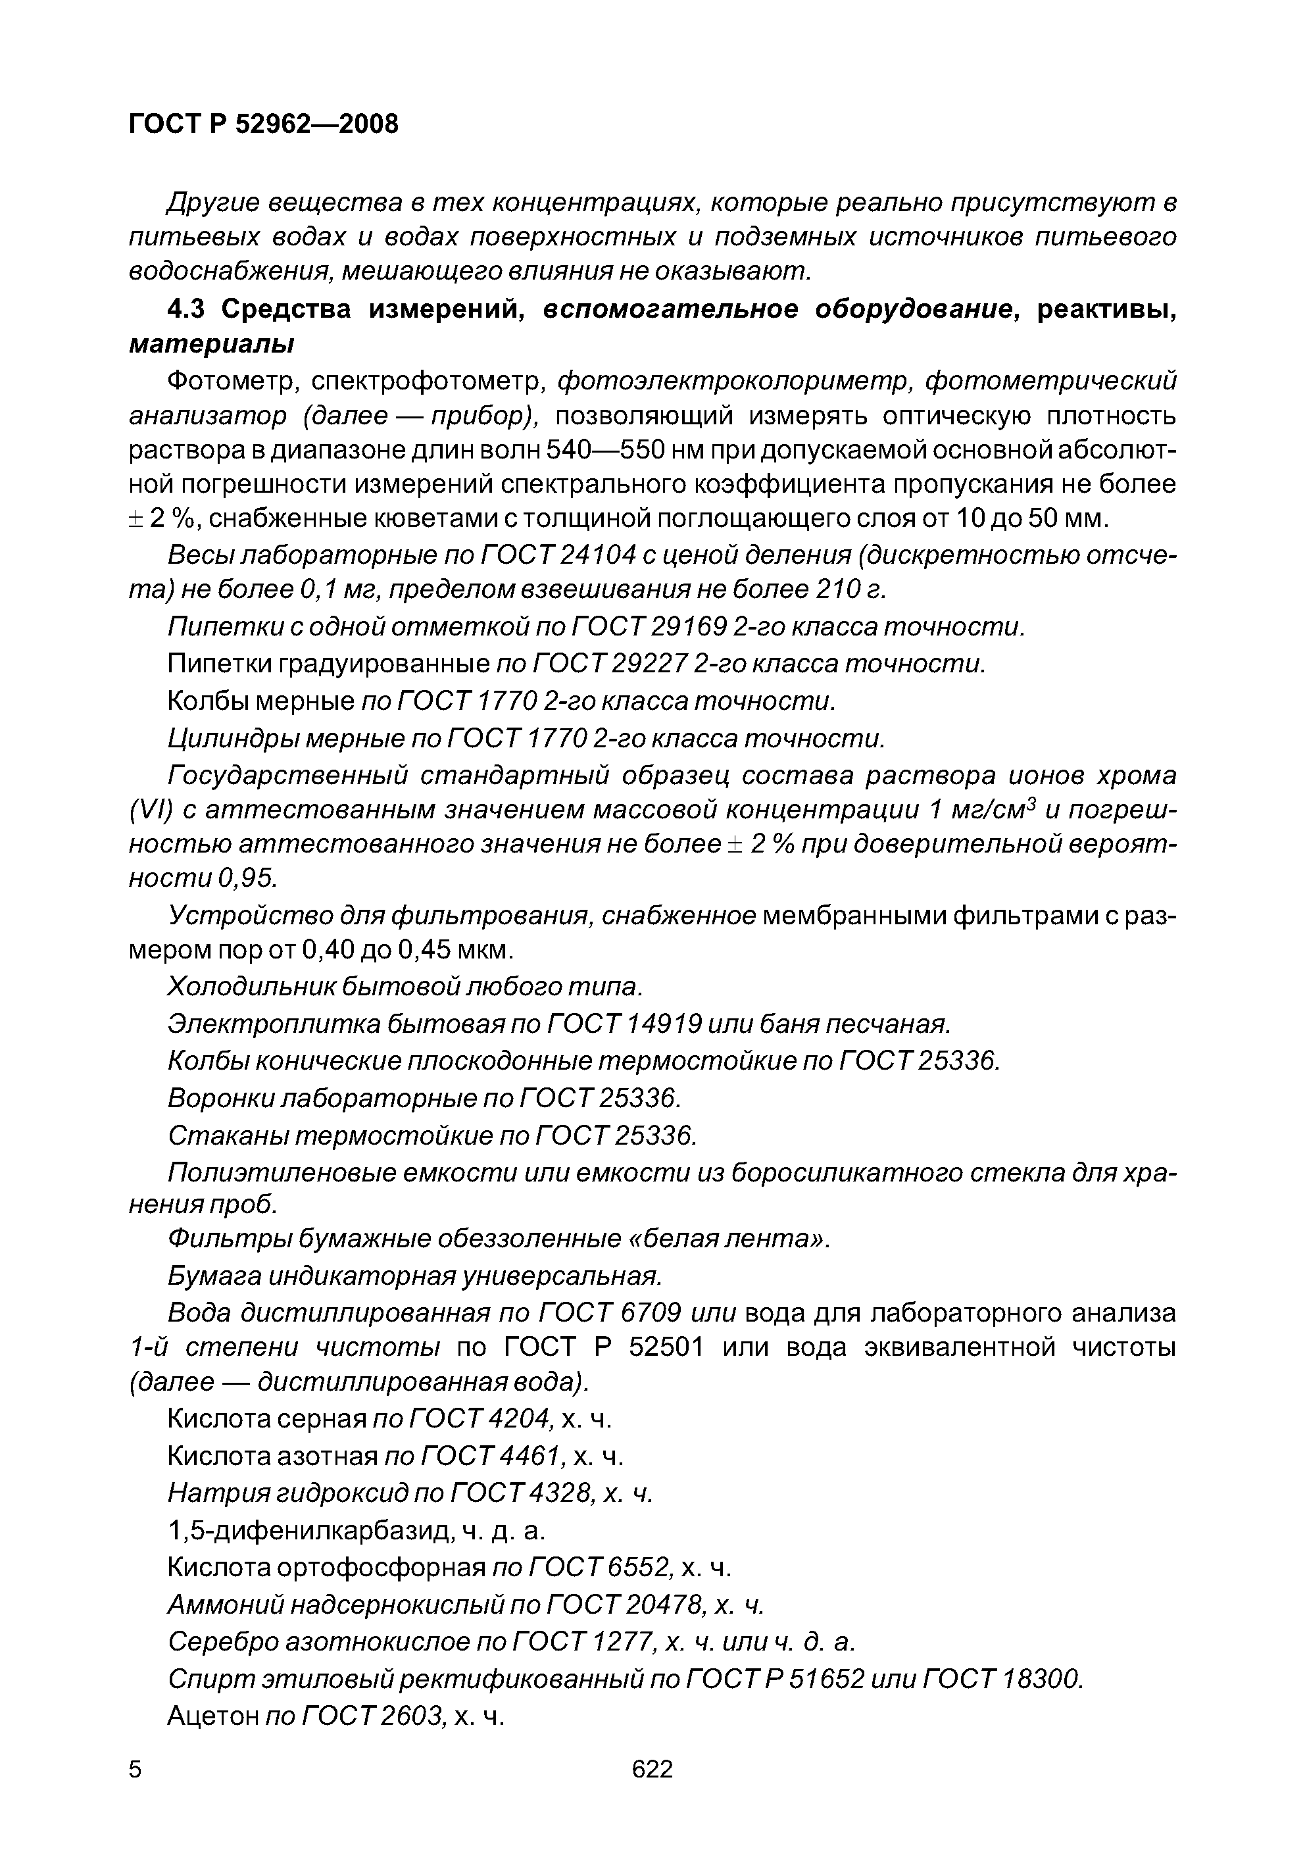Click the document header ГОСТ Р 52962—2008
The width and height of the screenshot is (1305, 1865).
pos(264,124)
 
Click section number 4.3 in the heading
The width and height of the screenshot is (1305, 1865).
pos(189,309)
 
